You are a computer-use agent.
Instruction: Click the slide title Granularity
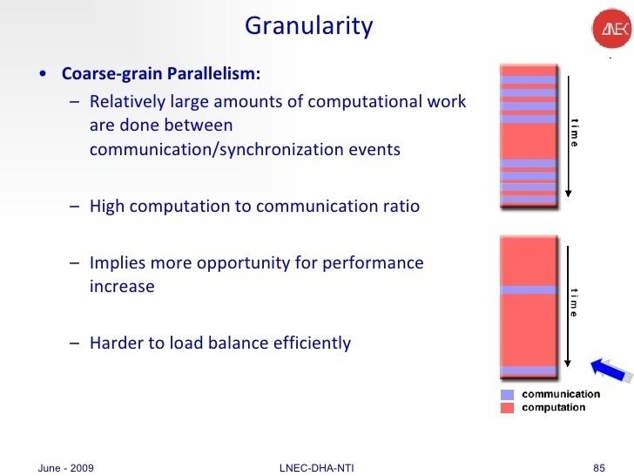(x=308, y=26)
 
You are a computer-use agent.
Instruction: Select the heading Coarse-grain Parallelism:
(x=160, y=71)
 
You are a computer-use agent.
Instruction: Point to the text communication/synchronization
(x=206, y=149)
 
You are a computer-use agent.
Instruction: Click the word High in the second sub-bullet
(x=107, y=207)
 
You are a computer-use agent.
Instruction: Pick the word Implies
(x=118, y=262)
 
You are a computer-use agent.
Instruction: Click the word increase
(x=122, y=286)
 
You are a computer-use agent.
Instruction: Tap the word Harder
(x=117, y=343)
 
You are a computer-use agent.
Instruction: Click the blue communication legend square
(x=507, y=394)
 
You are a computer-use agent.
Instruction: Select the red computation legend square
(x=507, y=407)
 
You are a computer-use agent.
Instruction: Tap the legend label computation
(x=554, y=407)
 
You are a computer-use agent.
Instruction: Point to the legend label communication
(x=560, y=394)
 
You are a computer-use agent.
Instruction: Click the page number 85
(x=598, y=467)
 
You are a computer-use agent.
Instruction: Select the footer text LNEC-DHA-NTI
(x=316, y=467)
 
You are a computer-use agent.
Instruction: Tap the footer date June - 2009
(x=66, y=467)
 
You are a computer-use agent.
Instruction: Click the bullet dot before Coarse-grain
(x=44, y=72)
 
